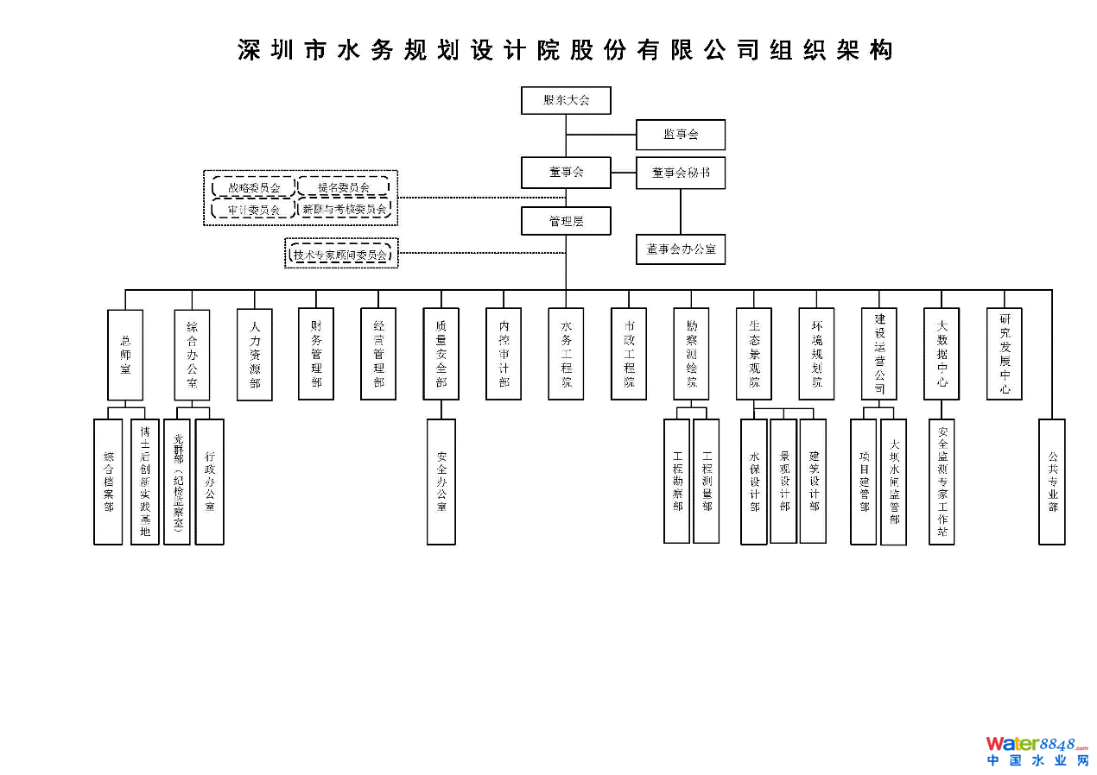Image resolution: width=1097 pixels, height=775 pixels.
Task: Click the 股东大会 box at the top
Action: [x=566, y=100]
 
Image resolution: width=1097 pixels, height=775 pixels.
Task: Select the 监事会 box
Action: [x=681, y=135]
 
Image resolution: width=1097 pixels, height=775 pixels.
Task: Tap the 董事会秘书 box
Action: [x=681, y=173]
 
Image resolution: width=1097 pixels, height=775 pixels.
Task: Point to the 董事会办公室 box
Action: [x=681, y=249]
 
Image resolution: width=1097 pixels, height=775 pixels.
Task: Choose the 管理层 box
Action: [x=566, y=221]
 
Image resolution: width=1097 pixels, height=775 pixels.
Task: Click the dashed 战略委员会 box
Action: [x=253, y=187]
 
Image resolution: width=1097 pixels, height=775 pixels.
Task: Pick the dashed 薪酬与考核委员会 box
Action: [x=344, y=209]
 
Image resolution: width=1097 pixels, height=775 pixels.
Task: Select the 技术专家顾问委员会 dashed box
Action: [x=341, y=255]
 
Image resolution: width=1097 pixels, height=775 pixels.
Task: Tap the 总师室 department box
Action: [x=125, y=354]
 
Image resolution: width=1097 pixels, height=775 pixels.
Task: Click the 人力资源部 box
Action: [x=255, y=355]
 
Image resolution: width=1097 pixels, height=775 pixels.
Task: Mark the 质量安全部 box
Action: [x=441, y=354]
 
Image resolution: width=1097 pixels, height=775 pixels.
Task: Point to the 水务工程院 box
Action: [x=566, y=354]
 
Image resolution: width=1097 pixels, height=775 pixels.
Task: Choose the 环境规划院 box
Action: [x=816, y=354]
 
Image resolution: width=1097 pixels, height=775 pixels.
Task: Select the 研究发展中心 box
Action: [x=1005, y=354]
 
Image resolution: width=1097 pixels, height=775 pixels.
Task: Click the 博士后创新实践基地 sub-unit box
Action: [x=145, y=482]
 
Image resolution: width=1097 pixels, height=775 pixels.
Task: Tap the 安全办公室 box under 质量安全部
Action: [x=441, y=482]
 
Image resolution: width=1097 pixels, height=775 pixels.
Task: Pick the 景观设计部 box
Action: [x=783, y=481]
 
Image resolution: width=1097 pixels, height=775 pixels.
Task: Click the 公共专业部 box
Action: [x=1052, y=482]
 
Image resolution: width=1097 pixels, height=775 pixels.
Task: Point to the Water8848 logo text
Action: [x=1037, y=744]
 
